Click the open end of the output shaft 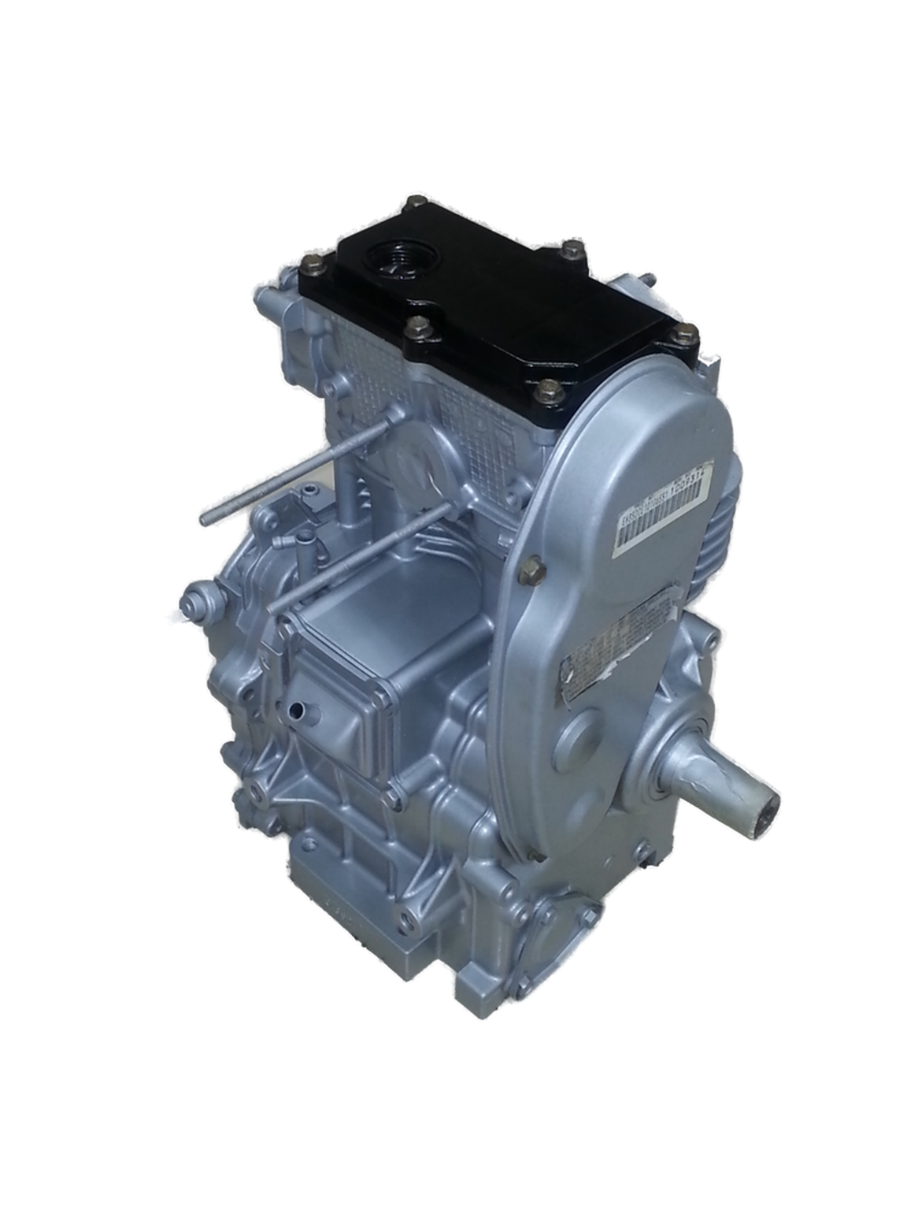[767, 804]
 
